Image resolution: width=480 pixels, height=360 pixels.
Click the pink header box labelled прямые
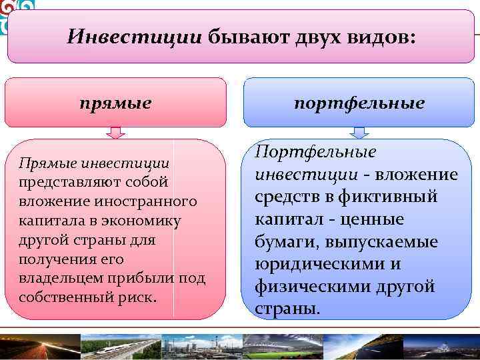pyautogui.click(x=115, y=103)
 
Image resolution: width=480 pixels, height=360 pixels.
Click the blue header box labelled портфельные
pyautogui.click(x=359, y=103)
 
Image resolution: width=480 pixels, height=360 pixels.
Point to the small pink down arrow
pyautogui.click(x=115, y=133)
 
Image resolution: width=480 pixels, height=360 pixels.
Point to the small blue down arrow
pyautogui.click(x=359, y=133)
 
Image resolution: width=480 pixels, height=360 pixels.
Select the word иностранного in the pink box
pyautogui.click(x=154, y=201)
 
